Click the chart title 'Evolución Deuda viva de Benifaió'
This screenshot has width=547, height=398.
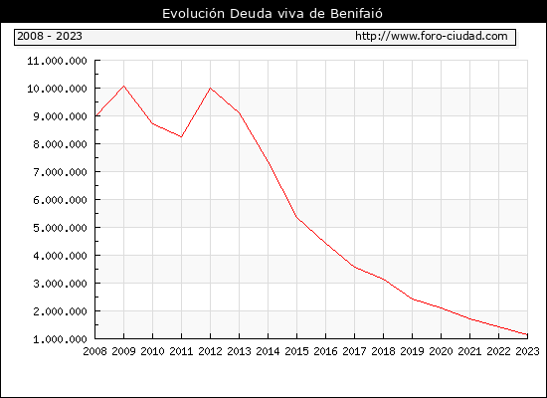click(273, 14)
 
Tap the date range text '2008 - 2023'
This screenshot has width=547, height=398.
click(50, 36)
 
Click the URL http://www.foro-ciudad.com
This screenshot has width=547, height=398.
click(432, 36)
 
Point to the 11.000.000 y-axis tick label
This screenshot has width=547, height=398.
click(58, 61)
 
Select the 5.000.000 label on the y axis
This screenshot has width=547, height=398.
click(60, 228)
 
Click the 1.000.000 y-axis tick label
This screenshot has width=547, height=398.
click(60, 339)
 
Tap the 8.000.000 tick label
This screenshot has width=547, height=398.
click(60, 144)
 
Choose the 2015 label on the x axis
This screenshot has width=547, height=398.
click(297, 351)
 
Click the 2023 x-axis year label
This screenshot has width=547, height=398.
click(527, 351)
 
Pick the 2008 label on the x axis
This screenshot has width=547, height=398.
click(94, 351)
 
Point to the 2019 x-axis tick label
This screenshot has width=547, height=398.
click(412, 351)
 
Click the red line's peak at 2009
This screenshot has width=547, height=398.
click(124, 86)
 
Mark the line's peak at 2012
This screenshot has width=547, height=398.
click(211, 88)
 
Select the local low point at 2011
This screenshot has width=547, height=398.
click(181, 137)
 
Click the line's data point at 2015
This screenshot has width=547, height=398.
click(297, 217)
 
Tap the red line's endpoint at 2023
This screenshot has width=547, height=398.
click(527, 334)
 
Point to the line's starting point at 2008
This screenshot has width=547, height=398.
click(95, 115)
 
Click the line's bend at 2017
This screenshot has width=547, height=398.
click(354, 267)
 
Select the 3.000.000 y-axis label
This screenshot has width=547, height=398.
click(60, 284)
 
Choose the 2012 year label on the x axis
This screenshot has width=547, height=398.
click(211, 351)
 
